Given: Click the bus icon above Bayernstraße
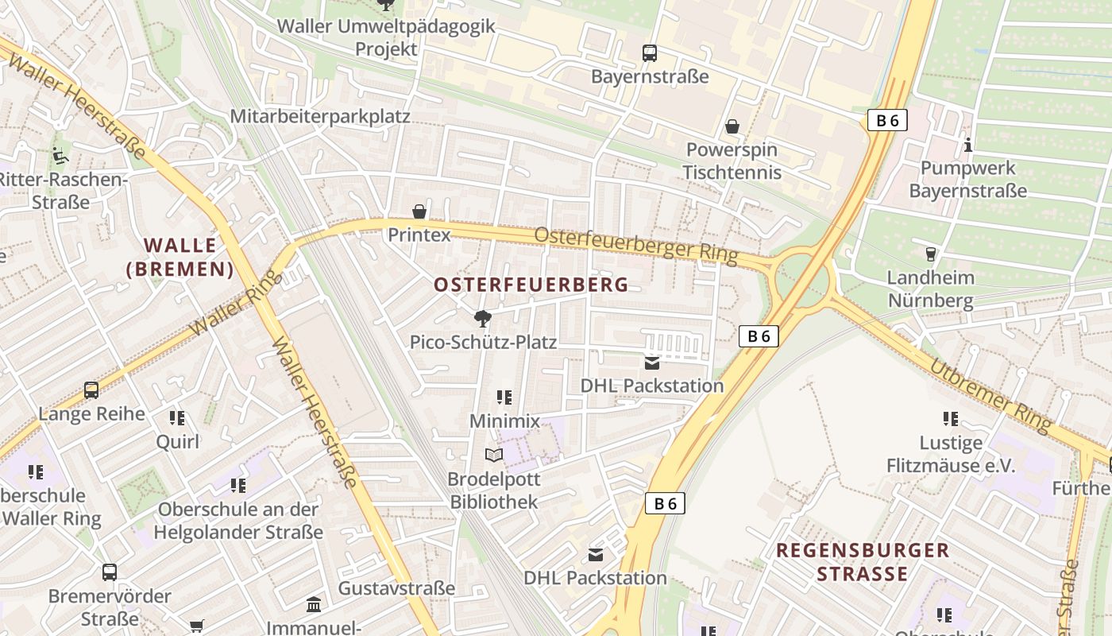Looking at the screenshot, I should tap(650, 53).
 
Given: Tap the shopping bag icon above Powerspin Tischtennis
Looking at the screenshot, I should tap(732, 126).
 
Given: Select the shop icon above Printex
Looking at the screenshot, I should tap(419, 211).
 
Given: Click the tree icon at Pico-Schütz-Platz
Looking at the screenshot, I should tap(482, 320).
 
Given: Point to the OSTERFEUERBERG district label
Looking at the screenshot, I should tap(531, 285).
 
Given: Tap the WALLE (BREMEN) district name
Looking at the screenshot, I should tap(180, 257).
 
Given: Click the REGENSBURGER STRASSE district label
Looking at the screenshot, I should tap(863, 561).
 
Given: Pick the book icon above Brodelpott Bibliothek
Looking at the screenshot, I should tap(494, 456).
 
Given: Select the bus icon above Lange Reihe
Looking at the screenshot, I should tap(91, 390).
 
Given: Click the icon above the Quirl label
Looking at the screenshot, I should tap(177, 417).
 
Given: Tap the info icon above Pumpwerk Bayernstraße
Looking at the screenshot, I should tap(967, 145).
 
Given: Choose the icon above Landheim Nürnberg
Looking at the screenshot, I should tap(930, 254).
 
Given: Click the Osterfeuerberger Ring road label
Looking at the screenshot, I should tap(635, 246).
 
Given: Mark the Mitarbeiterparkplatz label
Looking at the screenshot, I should tap(320, 117).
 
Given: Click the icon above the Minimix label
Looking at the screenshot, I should tap(504, 397).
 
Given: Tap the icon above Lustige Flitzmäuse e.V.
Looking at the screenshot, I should tap(951, 418).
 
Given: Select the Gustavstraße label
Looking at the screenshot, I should tap(397, 588).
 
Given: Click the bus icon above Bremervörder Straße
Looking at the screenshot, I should tap(110, 572).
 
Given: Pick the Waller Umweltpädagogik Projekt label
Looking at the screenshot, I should tap(386, 37).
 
